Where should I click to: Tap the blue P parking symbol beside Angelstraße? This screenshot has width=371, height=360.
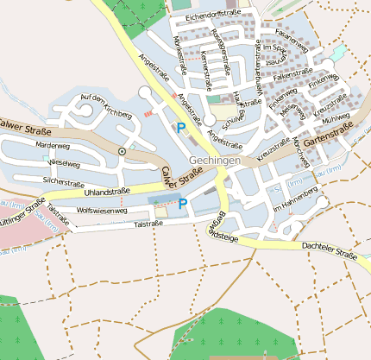tap(181, 128)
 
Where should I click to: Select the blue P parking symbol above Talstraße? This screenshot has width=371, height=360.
tap(182, 204)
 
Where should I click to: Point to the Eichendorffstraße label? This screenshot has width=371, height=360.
tap(213, 14)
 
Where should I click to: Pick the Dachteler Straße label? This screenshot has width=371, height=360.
tap(330, 252)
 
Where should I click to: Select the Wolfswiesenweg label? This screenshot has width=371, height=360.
tap(102, 211)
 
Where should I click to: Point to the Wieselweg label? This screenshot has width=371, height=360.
tap(65, 162)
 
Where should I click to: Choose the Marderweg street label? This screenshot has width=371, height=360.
tap(51, 146)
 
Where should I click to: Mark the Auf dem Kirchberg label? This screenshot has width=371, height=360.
tap(104, 105)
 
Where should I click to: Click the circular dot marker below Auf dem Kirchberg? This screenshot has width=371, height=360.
tap(122, 151)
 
